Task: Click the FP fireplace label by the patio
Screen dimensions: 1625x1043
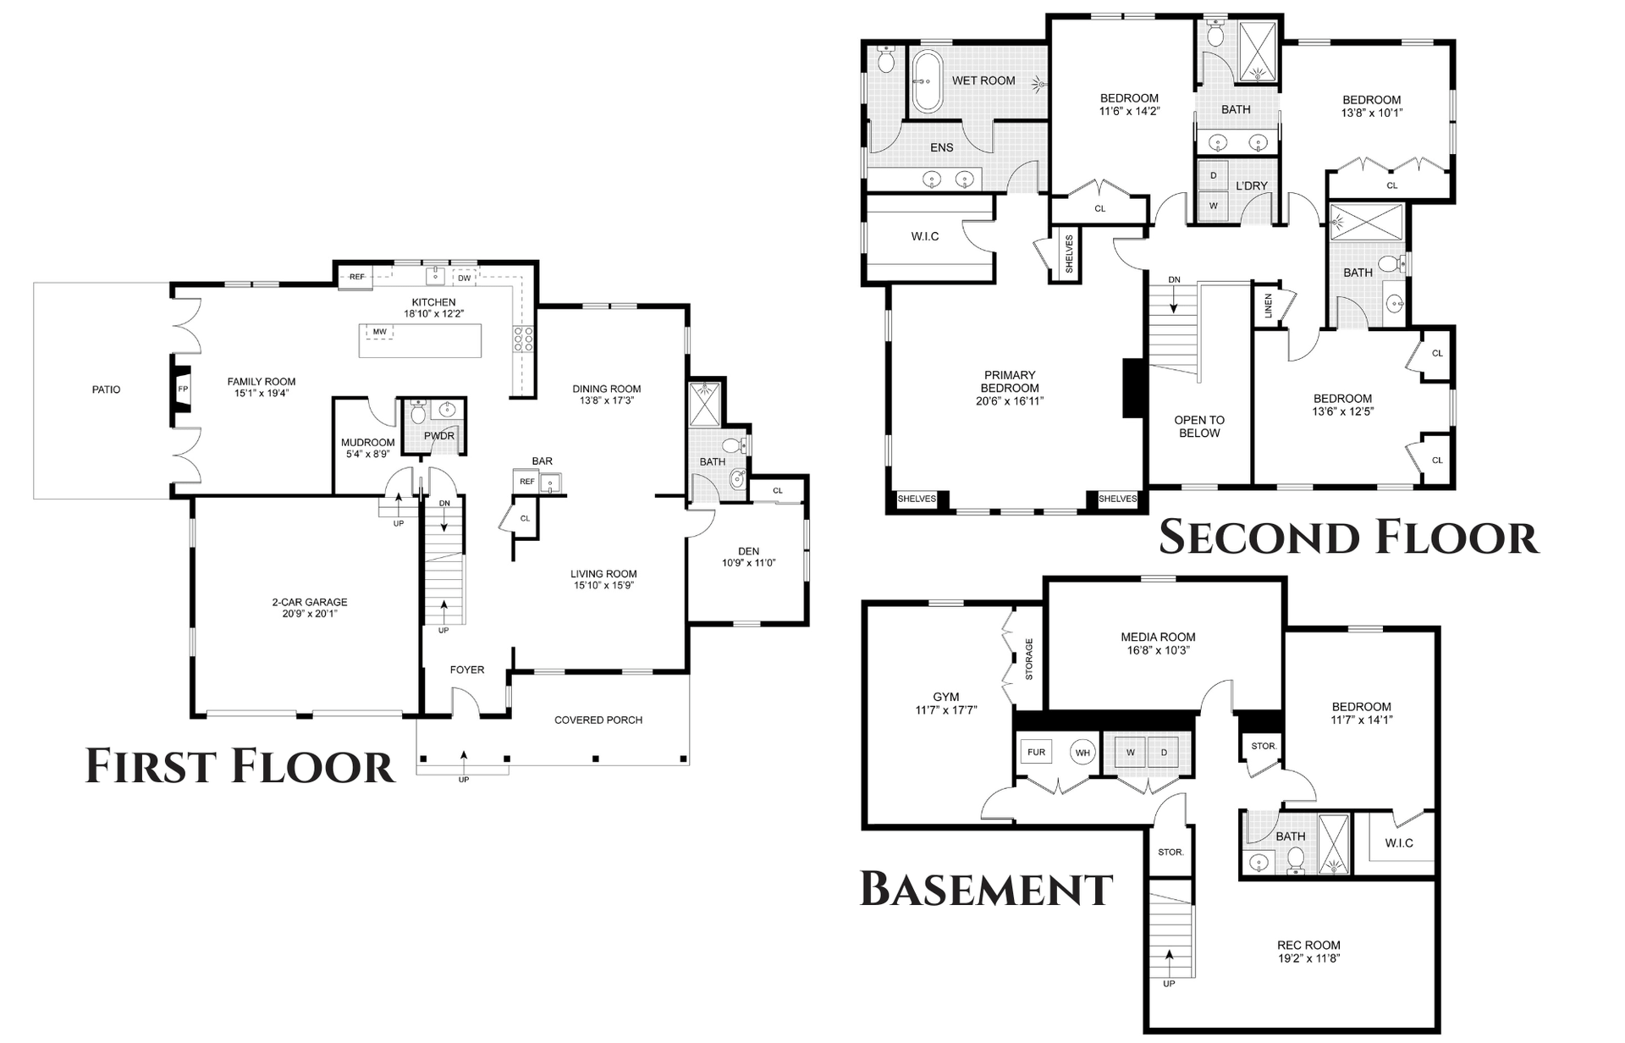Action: pyautogui.click(x=183, y=389)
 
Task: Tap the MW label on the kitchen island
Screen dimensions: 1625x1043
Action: pyautogui.click(x=379, y=332)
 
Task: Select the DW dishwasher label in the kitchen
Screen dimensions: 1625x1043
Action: pyautogui.click(x=464, y=278)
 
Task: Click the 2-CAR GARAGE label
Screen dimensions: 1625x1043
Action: pyautogui.click(x=310, y=603)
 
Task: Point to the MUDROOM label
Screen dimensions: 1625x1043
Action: pyautogui.click(x=368, y=443)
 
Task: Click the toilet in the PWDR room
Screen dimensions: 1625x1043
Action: pyautogui.click(x=417, y=412)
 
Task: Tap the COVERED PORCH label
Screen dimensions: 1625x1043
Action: pyautogui.click(x=598, y=720)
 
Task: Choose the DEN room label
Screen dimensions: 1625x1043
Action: pyautogui.click(x=748, y=551)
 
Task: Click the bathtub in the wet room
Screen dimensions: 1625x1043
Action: pyautogui.click(x=926, y=81)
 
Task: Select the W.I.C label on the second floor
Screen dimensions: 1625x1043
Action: pyautogui.click(x=925, y=236)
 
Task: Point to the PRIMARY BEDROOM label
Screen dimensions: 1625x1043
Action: pyautogui.click(x=1010, y=382)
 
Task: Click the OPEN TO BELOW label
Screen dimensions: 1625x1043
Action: pyautogui.click(x=1199, y=427)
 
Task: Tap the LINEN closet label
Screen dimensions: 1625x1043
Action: pyautogui.click(x=1268, y=306)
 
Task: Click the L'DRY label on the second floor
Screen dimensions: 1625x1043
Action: pyautogui.click(x=1251, y=186)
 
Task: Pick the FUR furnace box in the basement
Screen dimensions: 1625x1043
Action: pyautogui.click(x=1037, y=752)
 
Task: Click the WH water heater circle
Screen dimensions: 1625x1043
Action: pyautogui.click(x=1083, y=752)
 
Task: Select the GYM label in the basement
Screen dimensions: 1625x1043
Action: pyautogui.click(x=946, y=698)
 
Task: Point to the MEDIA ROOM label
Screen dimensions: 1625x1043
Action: pyautogui.click(x=1158, y=637)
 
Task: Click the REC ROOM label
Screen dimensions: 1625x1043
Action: pyautogui.click(x=1308, y=946)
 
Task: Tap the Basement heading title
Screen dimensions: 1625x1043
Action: pyautogui.click(x=986, y=889)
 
